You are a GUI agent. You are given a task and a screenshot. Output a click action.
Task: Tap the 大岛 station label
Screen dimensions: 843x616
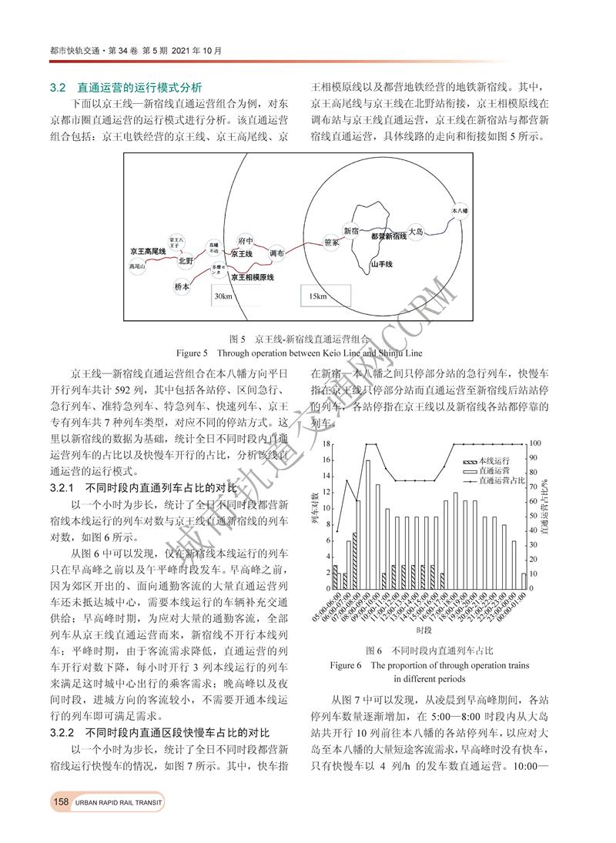(x=416, y=231)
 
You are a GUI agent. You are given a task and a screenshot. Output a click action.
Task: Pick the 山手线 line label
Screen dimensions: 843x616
(x=381, y=264)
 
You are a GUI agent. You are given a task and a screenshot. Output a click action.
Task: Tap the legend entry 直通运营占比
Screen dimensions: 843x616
(x=493, y=480)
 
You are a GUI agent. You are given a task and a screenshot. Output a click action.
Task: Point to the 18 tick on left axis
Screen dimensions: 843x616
(x=326, y=444)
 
